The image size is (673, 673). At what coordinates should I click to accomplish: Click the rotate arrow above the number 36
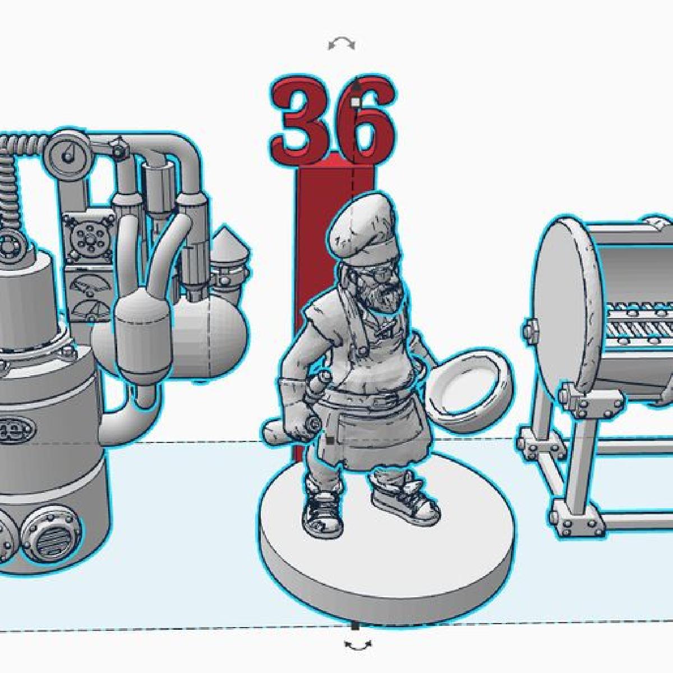pyautogui.click(x=342, y=44)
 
